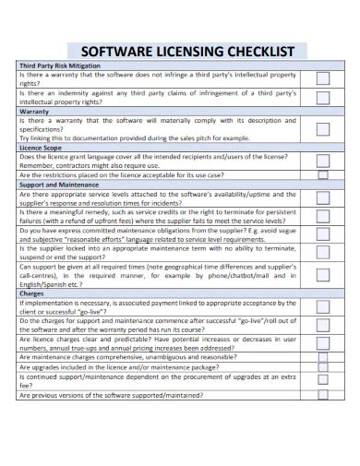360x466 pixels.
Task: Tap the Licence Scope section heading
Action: coord(42,148)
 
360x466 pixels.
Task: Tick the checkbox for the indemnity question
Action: coord(323,97)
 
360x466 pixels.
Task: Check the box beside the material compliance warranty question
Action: coord(323,128)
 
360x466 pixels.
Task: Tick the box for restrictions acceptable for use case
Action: coord(323,174)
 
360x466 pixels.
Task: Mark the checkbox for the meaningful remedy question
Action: coord(323,216)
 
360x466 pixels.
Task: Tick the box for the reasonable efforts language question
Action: coord(323,234)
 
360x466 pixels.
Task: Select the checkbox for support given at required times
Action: coord(323,274)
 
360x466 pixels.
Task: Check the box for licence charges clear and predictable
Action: coord(323,343)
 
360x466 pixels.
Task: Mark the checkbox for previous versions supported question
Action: coord(323,395)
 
